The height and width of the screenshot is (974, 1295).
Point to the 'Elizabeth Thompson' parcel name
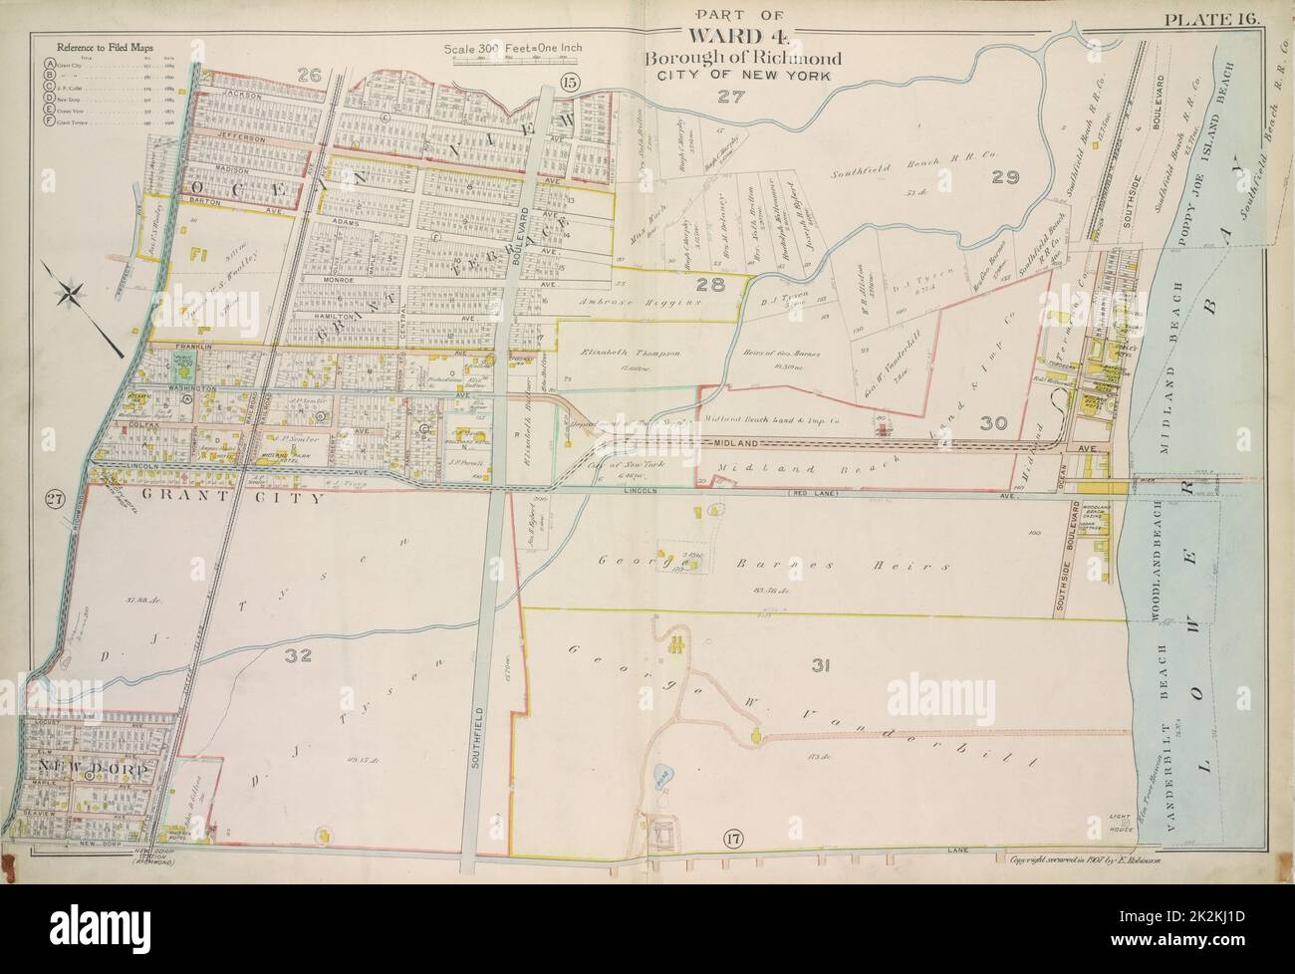coord(626,354)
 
